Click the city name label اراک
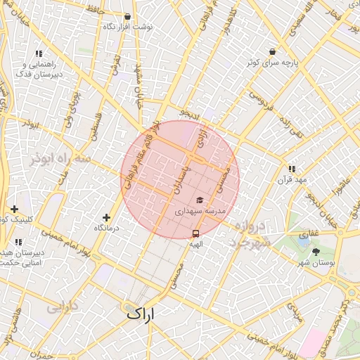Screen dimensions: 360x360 click(141, 313)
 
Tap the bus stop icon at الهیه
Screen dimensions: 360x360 click(195, 233)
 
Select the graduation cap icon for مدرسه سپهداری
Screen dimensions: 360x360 click(199, 200)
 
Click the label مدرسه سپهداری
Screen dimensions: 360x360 click(200, 210)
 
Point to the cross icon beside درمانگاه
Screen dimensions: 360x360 click(106, 218)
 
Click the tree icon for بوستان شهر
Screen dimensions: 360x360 click(314, 251)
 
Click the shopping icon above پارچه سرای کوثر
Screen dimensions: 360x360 click(272, 51)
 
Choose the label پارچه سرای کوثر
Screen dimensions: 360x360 click(272, 62)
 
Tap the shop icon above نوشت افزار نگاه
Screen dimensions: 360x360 click(127, 16)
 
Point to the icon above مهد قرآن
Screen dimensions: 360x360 click(291, 169)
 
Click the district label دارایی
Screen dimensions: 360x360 click(60, 307)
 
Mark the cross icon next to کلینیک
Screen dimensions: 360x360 click(14, 209)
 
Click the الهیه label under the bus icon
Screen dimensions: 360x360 click(195, 243)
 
